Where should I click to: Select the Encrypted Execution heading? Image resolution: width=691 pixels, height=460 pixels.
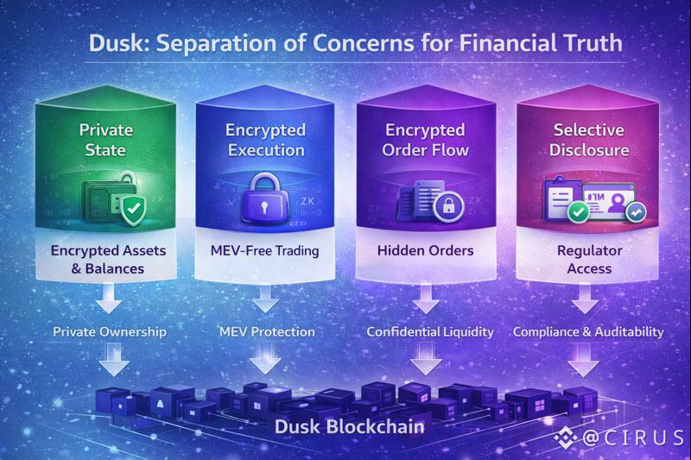(x=265, y=140)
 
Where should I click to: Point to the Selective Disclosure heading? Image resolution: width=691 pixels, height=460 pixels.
(x=580, y=140)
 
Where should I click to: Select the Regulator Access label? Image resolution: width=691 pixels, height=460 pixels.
(x=580, y=260)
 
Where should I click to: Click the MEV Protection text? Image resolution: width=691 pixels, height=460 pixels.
(x=266, y=331)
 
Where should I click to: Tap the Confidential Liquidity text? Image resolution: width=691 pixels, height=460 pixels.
(x=429, y=331)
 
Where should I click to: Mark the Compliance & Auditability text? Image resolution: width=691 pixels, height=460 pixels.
(x=588, y=331)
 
